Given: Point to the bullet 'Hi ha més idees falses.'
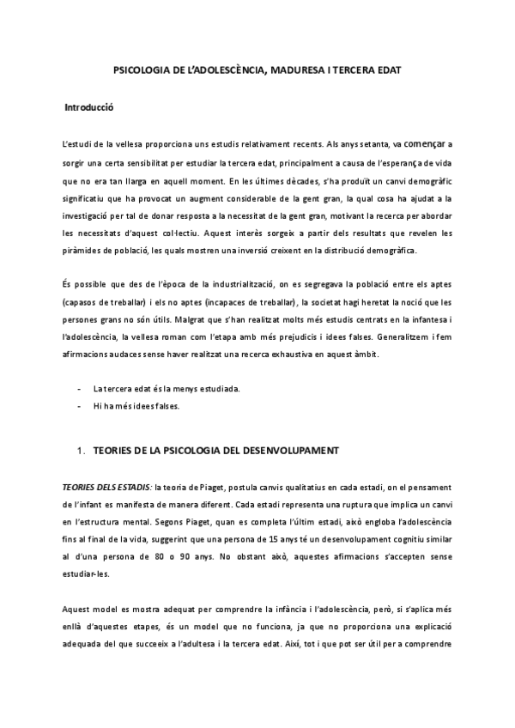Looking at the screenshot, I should pos(136,406).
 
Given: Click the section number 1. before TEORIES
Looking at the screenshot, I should pos(82,450).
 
